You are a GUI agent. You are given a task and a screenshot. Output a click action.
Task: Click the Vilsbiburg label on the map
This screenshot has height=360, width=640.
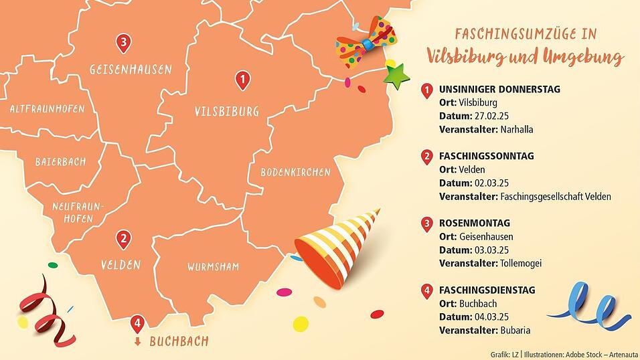226,112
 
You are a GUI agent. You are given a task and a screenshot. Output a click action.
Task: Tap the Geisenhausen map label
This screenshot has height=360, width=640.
131,69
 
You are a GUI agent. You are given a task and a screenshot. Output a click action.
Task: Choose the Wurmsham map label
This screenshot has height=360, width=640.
212,267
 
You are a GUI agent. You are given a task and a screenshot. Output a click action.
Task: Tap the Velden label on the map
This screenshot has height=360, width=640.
121,264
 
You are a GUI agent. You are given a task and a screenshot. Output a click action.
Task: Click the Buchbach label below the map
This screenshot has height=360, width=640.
179,341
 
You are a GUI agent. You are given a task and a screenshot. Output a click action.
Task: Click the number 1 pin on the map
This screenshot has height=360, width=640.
242,81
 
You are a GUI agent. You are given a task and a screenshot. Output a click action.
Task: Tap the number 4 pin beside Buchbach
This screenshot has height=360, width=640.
137,324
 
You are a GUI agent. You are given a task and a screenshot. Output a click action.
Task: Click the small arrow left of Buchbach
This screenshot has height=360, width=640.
138,342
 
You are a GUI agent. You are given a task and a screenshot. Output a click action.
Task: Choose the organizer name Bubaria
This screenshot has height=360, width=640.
516,331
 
